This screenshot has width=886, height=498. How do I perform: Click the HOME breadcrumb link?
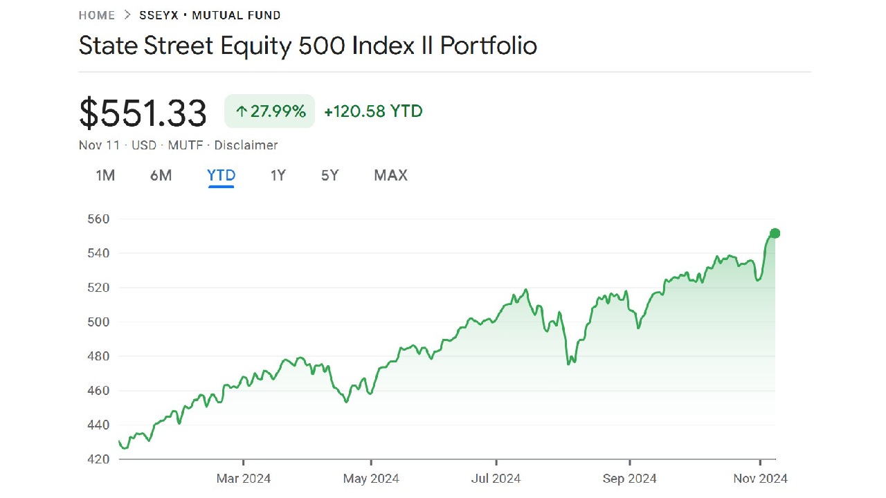97,15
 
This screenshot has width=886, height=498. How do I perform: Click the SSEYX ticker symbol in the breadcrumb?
154,15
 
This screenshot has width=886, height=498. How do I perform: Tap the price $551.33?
143,113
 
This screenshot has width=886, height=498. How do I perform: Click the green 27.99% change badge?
270,111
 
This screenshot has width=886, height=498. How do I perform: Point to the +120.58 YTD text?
373,111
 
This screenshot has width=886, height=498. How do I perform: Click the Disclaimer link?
246,145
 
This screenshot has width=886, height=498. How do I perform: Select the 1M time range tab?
105,176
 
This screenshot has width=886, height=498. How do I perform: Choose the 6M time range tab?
161,176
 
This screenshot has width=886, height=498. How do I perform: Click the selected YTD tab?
221,176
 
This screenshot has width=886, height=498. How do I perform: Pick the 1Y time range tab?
278,176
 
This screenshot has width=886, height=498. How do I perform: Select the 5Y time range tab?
330,176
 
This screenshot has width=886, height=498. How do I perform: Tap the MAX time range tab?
390,176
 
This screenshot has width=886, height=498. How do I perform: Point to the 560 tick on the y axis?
98,219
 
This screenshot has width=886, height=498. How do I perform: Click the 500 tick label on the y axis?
98,322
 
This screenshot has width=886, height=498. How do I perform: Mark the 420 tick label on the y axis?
98,459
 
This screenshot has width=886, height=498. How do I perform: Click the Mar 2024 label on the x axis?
244,478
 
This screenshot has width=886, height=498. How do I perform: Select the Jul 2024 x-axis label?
496,478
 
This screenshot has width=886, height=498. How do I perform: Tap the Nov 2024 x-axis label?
760,478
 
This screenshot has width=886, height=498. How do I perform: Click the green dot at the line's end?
775,234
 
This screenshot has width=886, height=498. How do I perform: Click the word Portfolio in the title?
489,46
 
